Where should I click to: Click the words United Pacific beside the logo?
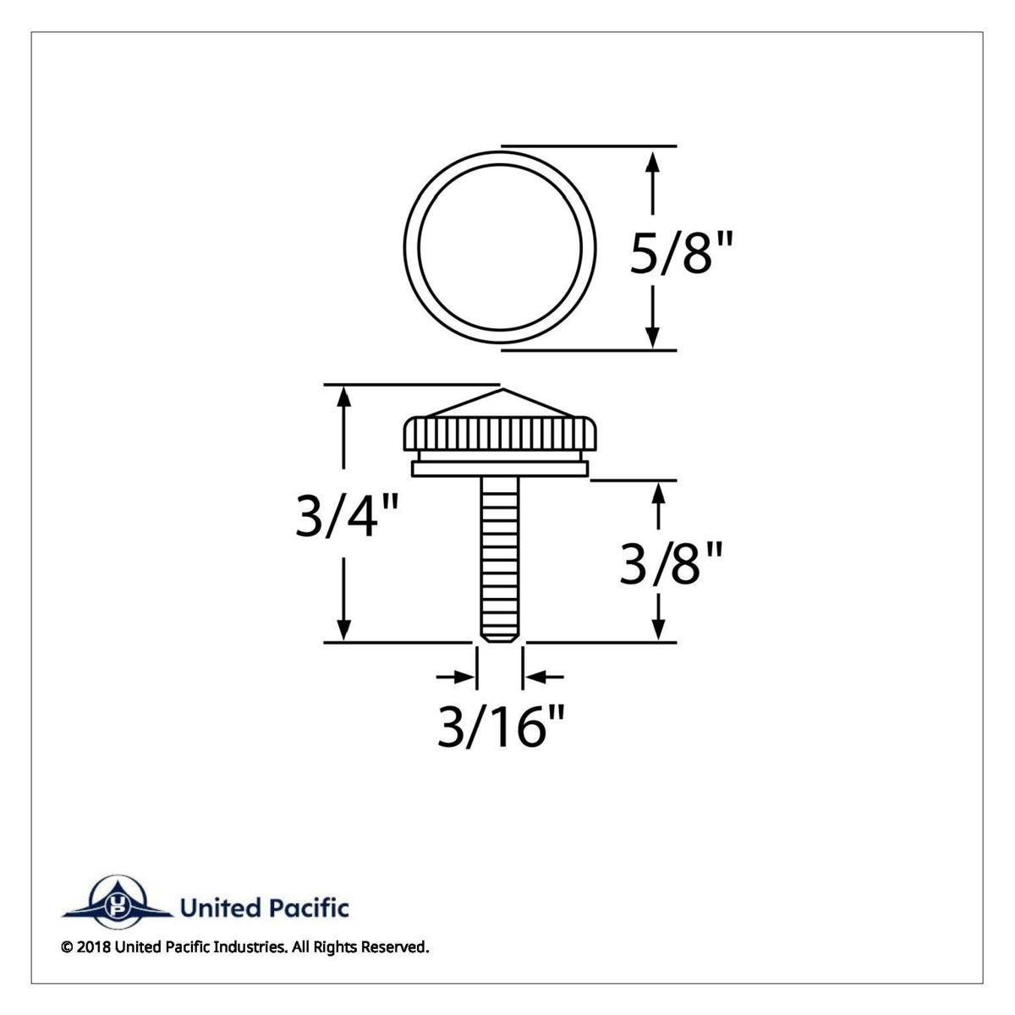click(264, 909)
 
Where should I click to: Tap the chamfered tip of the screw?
click(499, 634)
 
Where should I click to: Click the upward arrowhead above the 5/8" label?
click(652, 161)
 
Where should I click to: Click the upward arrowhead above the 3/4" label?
click(344, 398)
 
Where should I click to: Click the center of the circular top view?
click(499, 248)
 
